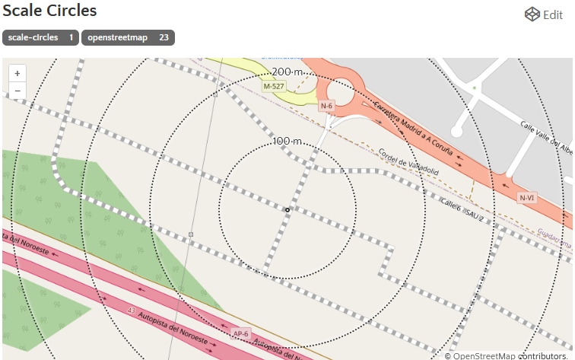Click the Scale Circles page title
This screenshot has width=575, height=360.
coord(50,11)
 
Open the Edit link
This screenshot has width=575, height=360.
coord(552,14)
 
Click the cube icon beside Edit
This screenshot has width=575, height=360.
coord(532,14)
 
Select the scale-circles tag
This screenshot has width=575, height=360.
coord(33,37)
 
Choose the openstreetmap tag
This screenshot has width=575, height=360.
coord(117,37)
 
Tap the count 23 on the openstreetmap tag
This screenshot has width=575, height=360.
coord(164,37)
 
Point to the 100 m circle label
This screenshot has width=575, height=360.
coord(287,141)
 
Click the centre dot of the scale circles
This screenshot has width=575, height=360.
coord(287,209)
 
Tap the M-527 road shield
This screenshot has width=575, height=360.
coord(274,87)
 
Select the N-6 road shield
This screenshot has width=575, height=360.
coord(327,106)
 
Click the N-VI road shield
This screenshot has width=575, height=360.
coord(527,198)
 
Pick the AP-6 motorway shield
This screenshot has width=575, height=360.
coord(241,333)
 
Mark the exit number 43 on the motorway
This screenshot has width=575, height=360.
coord(132,311)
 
